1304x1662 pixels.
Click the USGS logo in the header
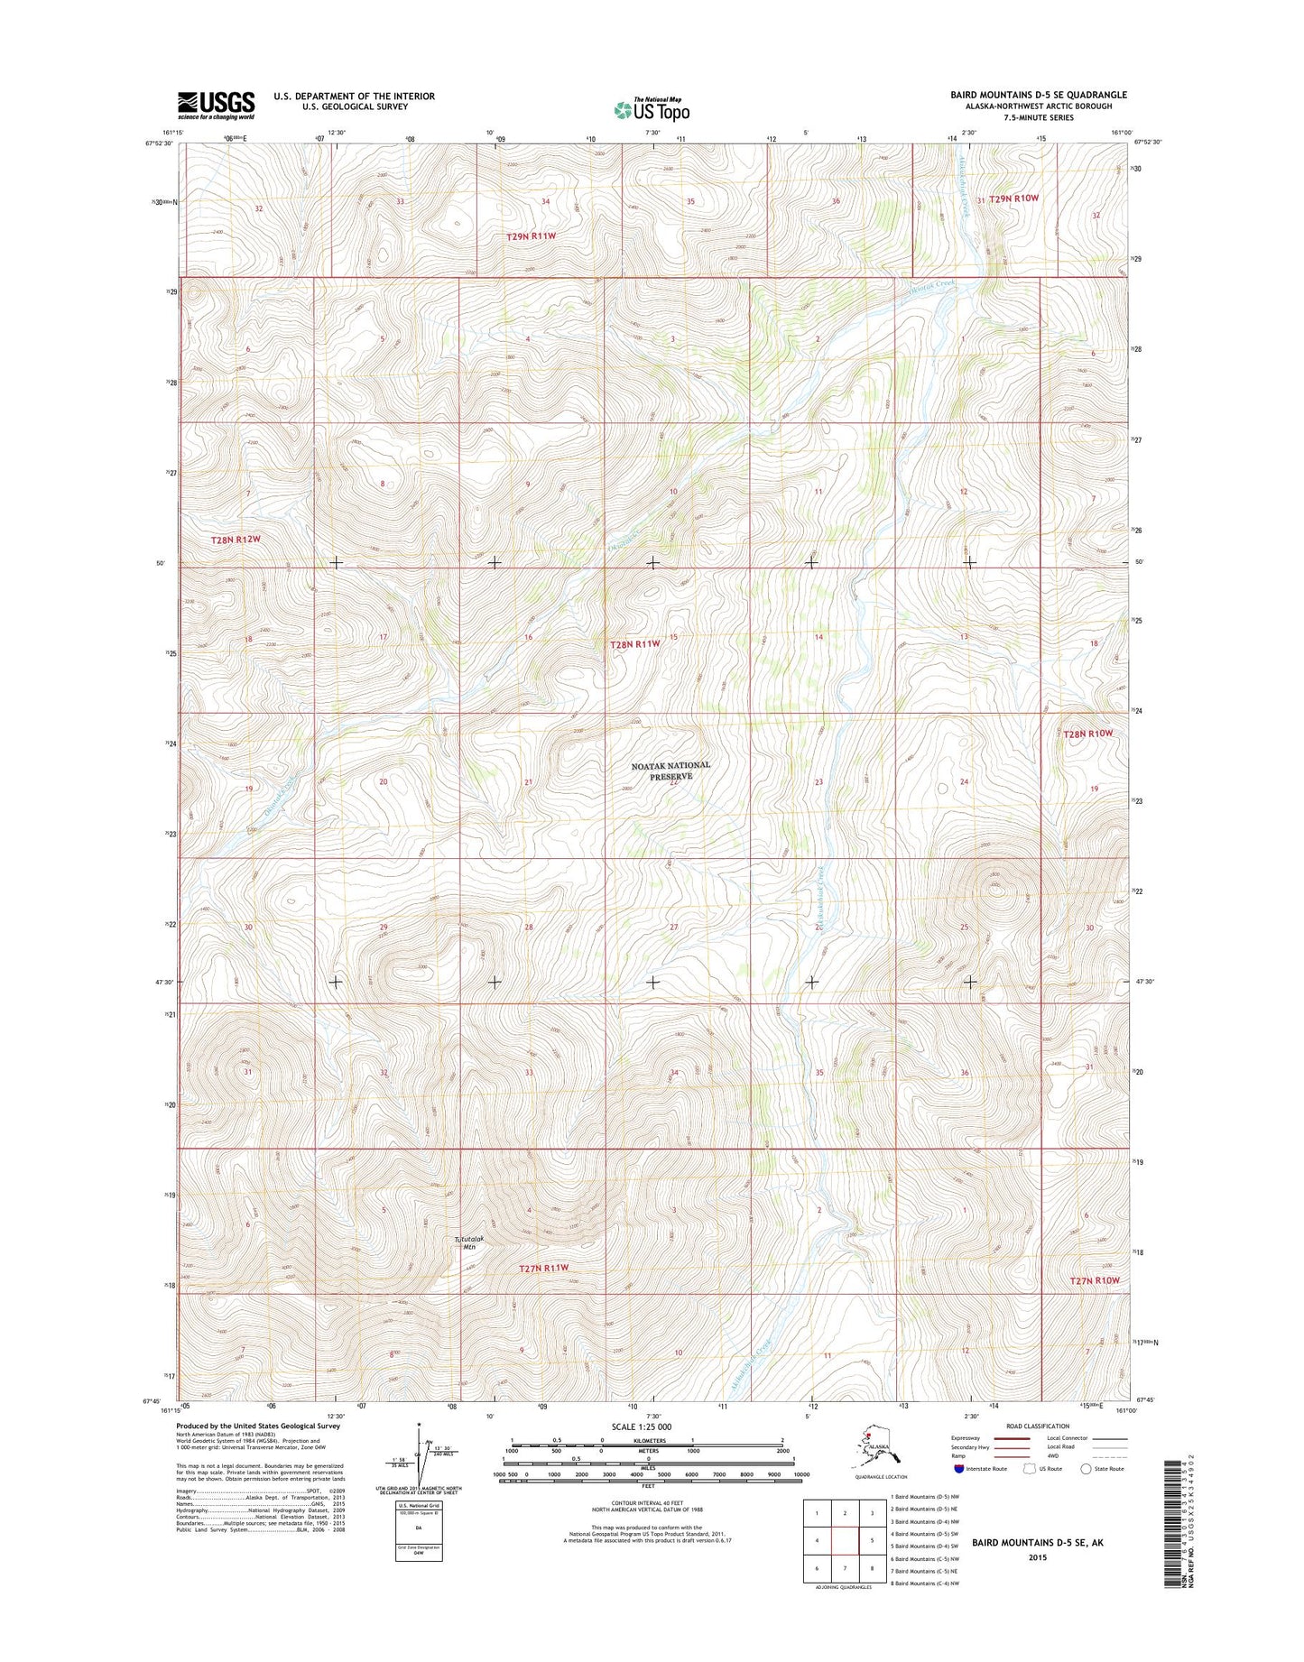point(216,105)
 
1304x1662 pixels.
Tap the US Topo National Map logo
point(652,109)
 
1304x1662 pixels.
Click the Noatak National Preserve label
point(670,771)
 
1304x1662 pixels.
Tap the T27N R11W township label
point(544,1268)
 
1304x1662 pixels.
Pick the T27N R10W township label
point(1094,1280)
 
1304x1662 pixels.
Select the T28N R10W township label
point(1087,734)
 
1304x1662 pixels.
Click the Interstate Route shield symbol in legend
point(957,1468)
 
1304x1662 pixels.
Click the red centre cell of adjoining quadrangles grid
point(844,1541)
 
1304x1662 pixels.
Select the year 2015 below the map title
point(1037,1557)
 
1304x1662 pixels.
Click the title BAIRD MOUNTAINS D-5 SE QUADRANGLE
point(1038,95)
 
